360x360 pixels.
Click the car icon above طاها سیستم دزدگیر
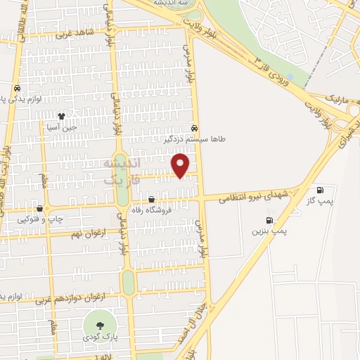[194, 129]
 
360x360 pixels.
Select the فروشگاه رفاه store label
[150, 209]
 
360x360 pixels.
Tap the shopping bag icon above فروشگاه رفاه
[151, 199]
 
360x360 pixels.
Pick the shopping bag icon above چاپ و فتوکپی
[40, 208]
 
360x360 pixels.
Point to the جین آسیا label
[61, 127]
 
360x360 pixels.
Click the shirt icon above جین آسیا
[61, 116]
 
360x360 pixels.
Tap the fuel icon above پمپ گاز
[321, 191]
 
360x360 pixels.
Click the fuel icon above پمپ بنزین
[261, 219]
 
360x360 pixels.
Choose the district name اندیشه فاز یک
[122, 172]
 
